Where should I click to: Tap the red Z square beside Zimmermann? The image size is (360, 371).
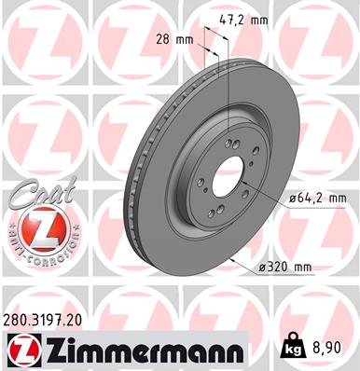20,350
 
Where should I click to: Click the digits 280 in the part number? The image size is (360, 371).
17,319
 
